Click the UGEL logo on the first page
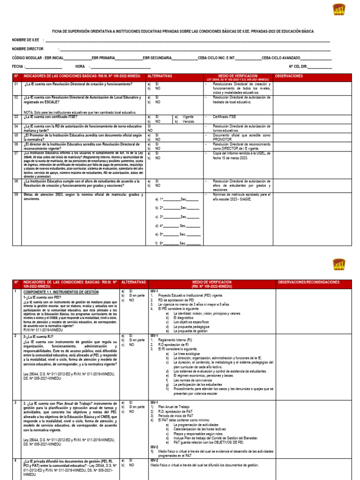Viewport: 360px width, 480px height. (x=338, y=10)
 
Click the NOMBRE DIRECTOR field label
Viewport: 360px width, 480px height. (x=28, y=49)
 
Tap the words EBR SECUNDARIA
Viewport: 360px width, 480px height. (x=157, y=58)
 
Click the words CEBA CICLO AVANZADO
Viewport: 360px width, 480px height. (x=282, y=58)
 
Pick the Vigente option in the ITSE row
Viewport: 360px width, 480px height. (x=188, y=117)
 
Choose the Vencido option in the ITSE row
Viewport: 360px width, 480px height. (x=188, y=121)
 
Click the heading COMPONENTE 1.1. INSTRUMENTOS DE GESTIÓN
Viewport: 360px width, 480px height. (x=61, y=292)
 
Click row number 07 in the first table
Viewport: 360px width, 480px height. (x=16, y=153)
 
